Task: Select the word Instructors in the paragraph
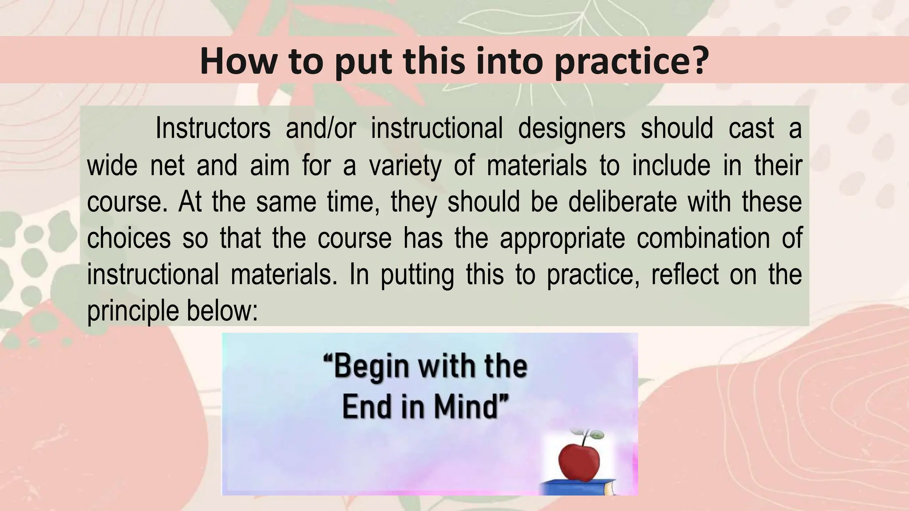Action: tap(213, 129)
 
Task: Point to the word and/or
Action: tap(321, 129)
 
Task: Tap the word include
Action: tap(671, 165)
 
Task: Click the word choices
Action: tap(129, 238)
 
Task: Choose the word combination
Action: tap(703, 238)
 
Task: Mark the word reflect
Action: tap(684, 275)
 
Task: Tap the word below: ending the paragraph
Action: tap(222, 311)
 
